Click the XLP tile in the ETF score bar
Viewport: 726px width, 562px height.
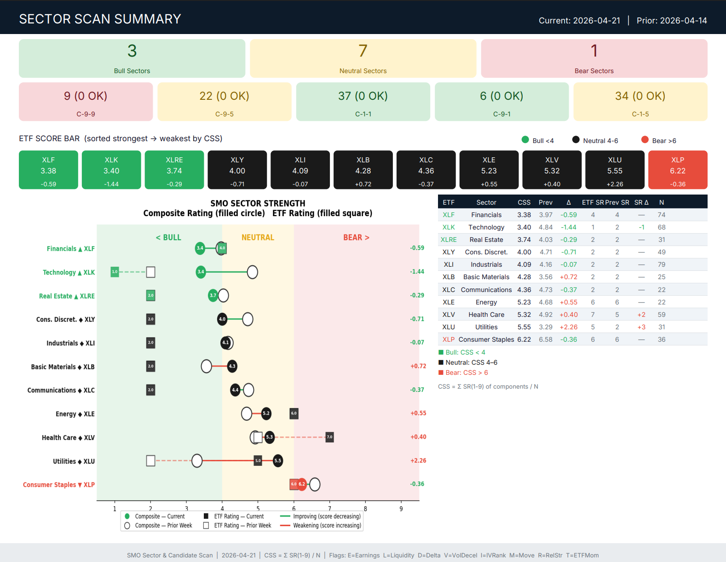tap(677, 170)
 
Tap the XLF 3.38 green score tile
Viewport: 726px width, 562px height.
tap(48, 170)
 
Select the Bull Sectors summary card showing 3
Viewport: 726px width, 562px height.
tap(132, 58)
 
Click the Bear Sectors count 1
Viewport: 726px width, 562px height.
tap(594, 51)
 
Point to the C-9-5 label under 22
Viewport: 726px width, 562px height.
tap(225, 114)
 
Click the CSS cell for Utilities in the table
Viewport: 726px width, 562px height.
tap(524, 327)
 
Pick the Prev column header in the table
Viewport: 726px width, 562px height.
tap(545, 202)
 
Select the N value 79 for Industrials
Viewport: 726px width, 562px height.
tap(662, 264)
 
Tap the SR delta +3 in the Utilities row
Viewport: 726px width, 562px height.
tap(641, 327)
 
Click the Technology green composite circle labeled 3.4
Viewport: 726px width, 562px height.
tap(201, 272)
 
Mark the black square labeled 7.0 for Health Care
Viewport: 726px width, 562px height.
tap(329, 437)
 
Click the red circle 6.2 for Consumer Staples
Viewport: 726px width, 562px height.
tap(302, 484)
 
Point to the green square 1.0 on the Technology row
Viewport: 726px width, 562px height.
tap(115, 272)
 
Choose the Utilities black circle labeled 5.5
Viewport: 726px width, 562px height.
tap(278, 460)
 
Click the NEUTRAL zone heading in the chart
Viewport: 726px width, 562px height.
tap(258, 237)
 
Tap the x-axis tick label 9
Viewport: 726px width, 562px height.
tap(401, 509)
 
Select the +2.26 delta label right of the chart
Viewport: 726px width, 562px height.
tap(418, 460)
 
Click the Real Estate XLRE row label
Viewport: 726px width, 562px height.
tap(67, 296)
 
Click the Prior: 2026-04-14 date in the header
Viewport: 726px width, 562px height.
tap(672, 21)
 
